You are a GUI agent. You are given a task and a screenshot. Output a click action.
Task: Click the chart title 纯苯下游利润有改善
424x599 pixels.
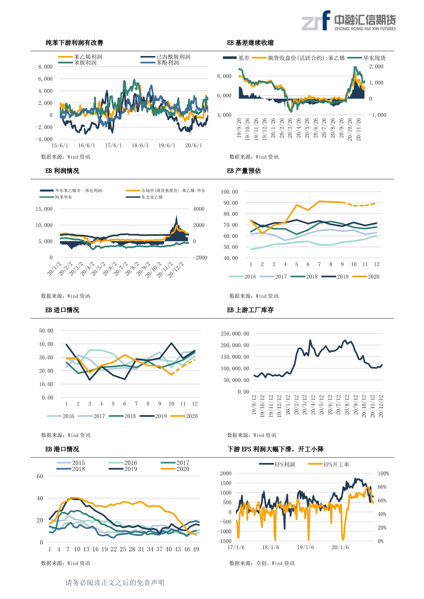(74, 43)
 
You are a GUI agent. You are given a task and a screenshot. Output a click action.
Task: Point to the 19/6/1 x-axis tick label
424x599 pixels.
(167, 146)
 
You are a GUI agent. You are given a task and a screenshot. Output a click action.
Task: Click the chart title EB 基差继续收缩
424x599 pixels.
(250, 43)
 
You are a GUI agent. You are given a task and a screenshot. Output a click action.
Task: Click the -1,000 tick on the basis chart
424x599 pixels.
(377, 115)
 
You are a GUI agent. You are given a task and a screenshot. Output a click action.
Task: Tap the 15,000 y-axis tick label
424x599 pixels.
(44, 209)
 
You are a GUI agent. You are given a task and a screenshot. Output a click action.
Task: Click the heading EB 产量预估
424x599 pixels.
(244, 171)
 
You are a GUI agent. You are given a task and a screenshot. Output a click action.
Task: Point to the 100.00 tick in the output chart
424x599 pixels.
(229, 192)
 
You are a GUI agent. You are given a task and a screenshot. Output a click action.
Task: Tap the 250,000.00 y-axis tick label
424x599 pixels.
(235, 334)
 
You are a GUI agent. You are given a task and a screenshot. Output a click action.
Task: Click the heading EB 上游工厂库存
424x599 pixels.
(250, 310)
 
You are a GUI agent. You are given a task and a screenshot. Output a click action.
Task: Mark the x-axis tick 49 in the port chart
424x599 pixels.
(196, 549)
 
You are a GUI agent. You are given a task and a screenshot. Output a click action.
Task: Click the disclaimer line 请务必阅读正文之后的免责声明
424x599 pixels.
(115, 583)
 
